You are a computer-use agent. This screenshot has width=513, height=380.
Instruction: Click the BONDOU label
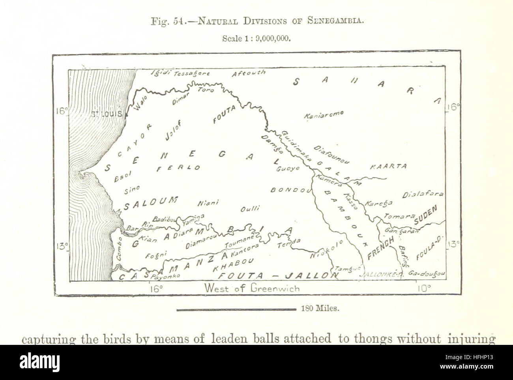point(290,190)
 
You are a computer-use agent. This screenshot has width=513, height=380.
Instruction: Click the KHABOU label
point(232,264)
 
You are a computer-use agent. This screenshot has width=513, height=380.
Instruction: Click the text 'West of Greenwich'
point(252,288)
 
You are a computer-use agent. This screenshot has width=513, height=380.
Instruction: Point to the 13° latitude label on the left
point(62,247)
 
